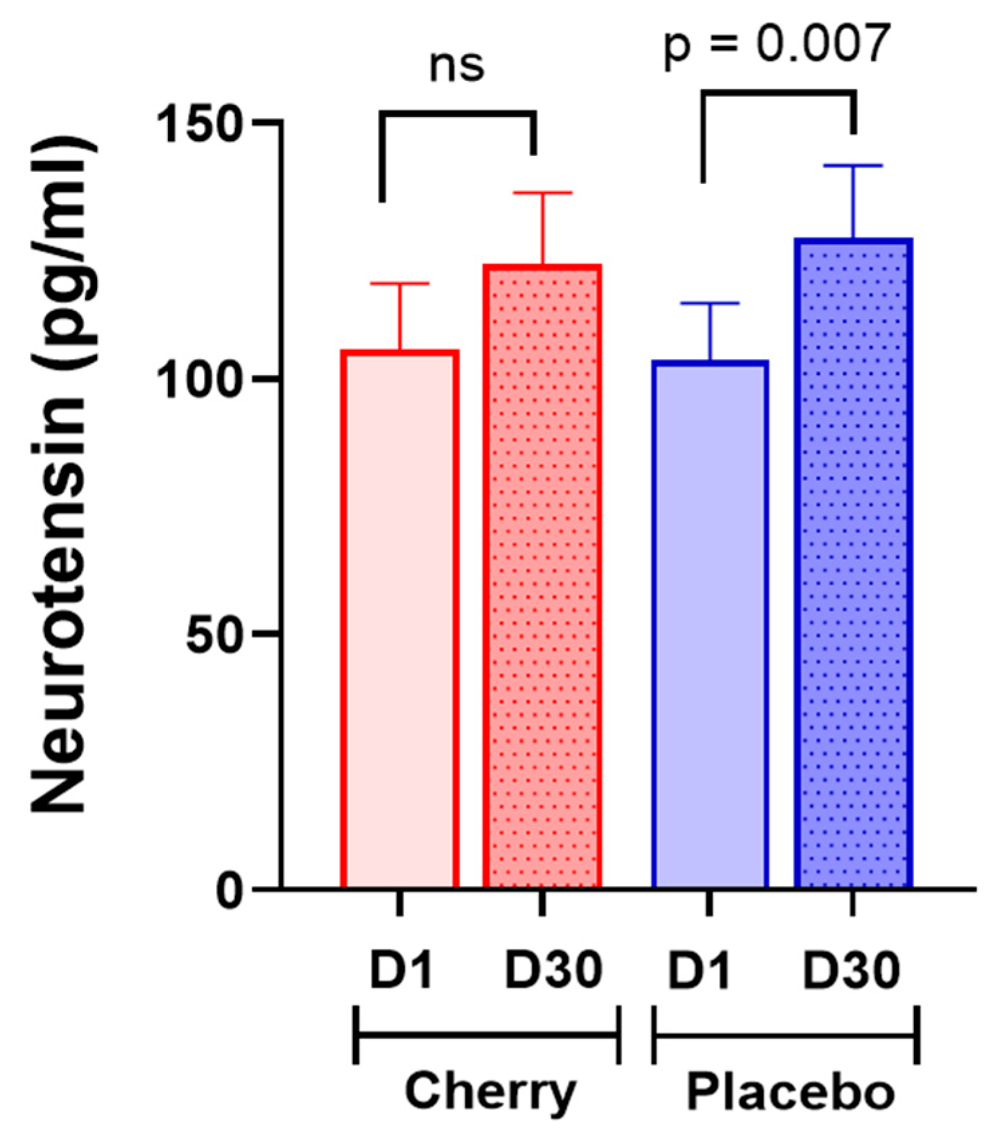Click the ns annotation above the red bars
(457, 66)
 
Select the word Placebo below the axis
(790, 1092)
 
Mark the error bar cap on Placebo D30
(853, 165)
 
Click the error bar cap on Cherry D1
(400, 283)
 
